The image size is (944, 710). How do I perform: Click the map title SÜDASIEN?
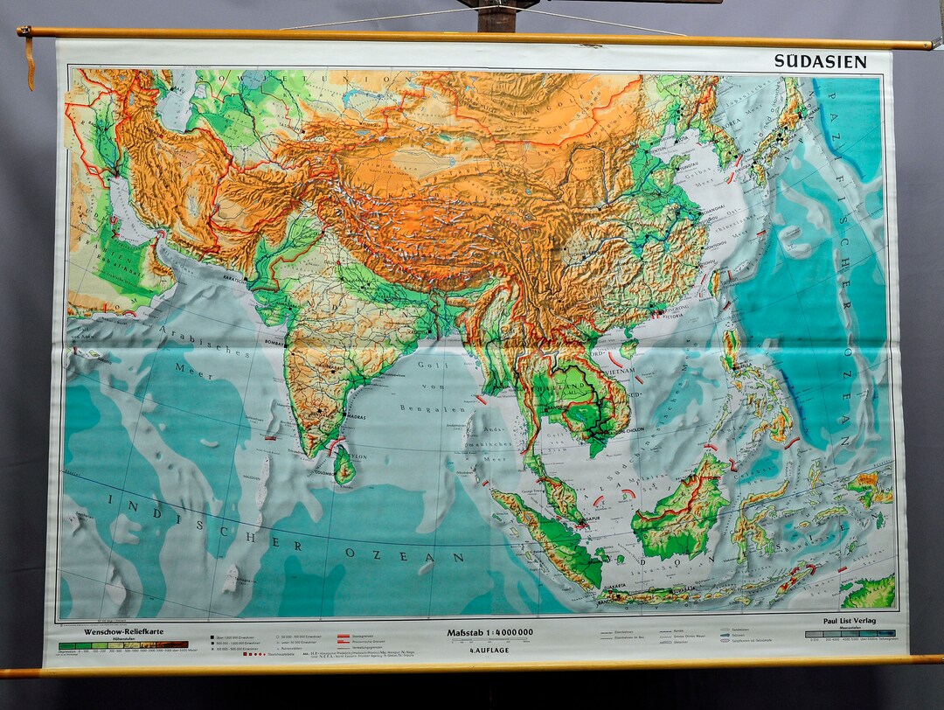(x=819, y=60)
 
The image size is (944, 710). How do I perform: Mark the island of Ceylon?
(x=344, y=464)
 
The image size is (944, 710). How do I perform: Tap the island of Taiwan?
(x=715, y=283)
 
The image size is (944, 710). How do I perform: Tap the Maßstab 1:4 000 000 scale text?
(x=489, y=632)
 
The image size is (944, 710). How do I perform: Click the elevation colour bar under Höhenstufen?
(x=122, y=645)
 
